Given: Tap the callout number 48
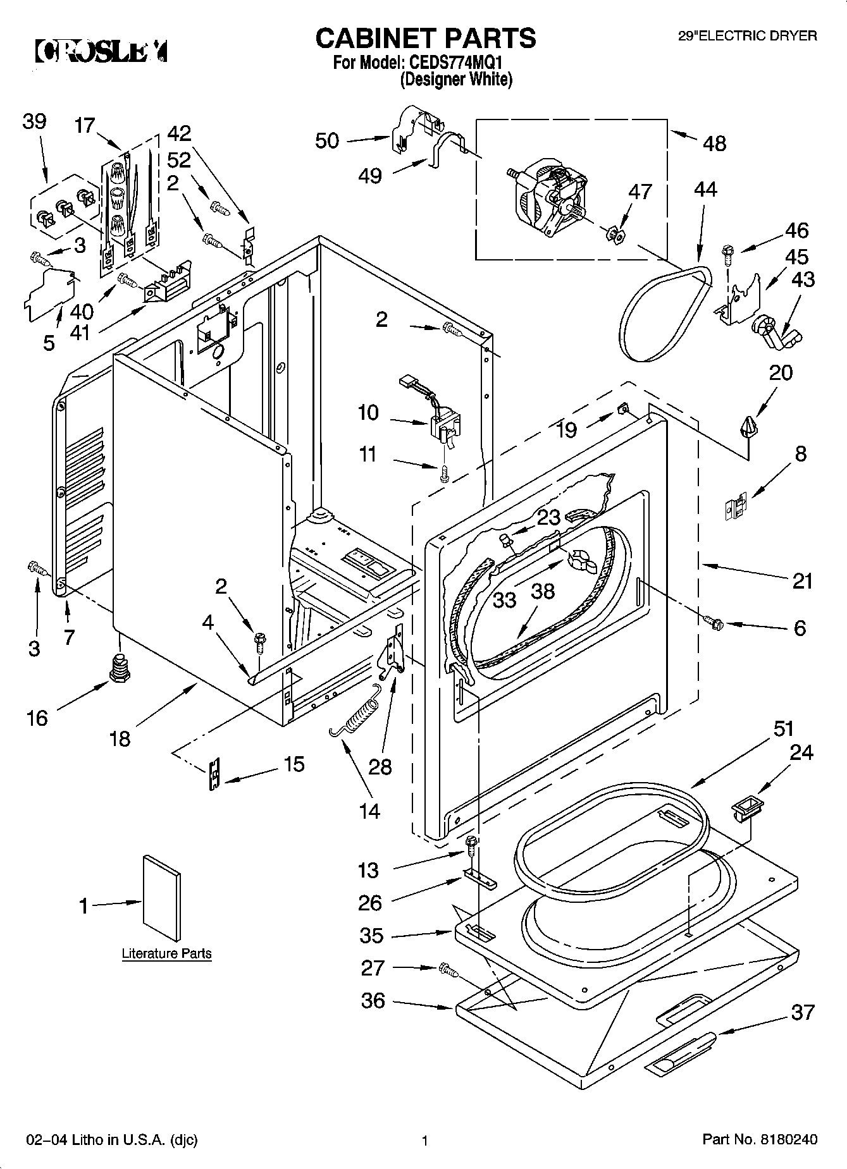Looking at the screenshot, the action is tap(714, 144).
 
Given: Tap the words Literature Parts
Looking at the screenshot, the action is tap(166, 953).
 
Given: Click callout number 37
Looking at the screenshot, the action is tap(803, 1012).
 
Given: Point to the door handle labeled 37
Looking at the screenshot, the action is tap(681, 1053).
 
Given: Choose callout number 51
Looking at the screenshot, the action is tap(783, 728).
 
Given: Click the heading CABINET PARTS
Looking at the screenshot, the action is tap(426, 38).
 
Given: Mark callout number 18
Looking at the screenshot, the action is tap(120, 738).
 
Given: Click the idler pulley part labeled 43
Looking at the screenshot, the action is tap(775, 332).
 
